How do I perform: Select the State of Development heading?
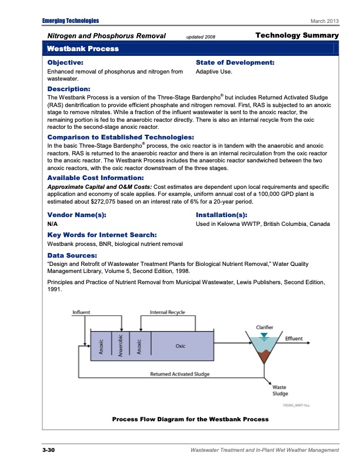coord(235,62)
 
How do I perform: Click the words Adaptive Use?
coord(214,72)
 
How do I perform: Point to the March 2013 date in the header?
coord(325,21)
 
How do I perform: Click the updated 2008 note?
coord(201,37)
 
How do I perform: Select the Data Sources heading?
coord(72,255)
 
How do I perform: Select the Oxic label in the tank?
coord(181,346)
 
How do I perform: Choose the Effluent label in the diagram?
coord(294,338)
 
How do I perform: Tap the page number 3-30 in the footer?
coord(48,450)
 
